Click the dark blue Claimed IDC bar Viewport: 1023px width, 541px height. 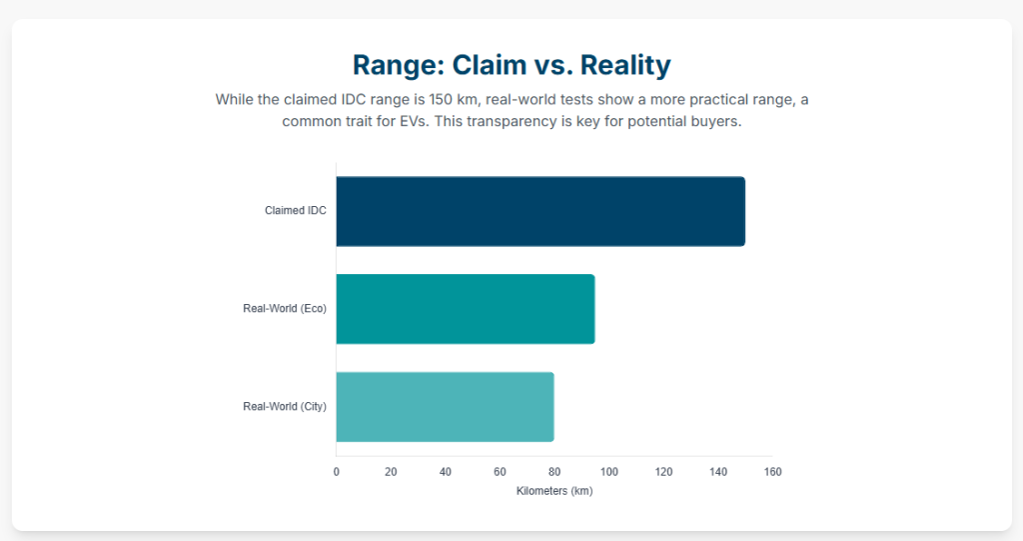540,211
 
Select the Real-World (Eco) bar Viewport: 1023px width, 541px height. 466,309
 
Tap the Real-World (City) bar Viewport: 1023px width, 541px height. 445,407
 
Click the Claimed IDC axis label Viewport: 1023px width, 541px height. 296,210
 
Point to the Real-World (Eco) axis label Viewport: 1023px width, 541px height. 285,308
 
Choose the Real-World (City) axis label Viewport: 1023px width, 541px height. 285,406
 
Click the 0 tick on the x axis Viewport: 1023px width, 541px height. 336,472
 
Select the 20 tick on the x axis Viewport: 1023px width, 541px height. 391,472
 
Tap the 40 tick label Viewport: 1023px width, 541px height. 445,472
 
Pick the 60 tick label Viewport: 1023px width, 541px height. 500,472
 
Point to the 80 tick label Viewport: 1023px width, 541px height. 554,472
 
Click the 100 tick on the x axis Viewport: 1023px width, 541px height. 608,472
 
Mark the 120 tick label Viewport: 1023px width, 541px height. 663,472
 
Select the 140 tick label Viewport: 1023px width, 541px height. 718,472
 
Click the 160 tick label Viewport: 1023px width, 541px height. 772,472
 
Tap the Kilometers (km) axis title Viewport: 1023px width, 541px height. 554,491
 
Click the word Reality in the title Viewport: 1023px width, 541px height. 625,65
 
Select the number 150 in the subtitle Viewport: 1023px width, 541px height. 441,99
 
